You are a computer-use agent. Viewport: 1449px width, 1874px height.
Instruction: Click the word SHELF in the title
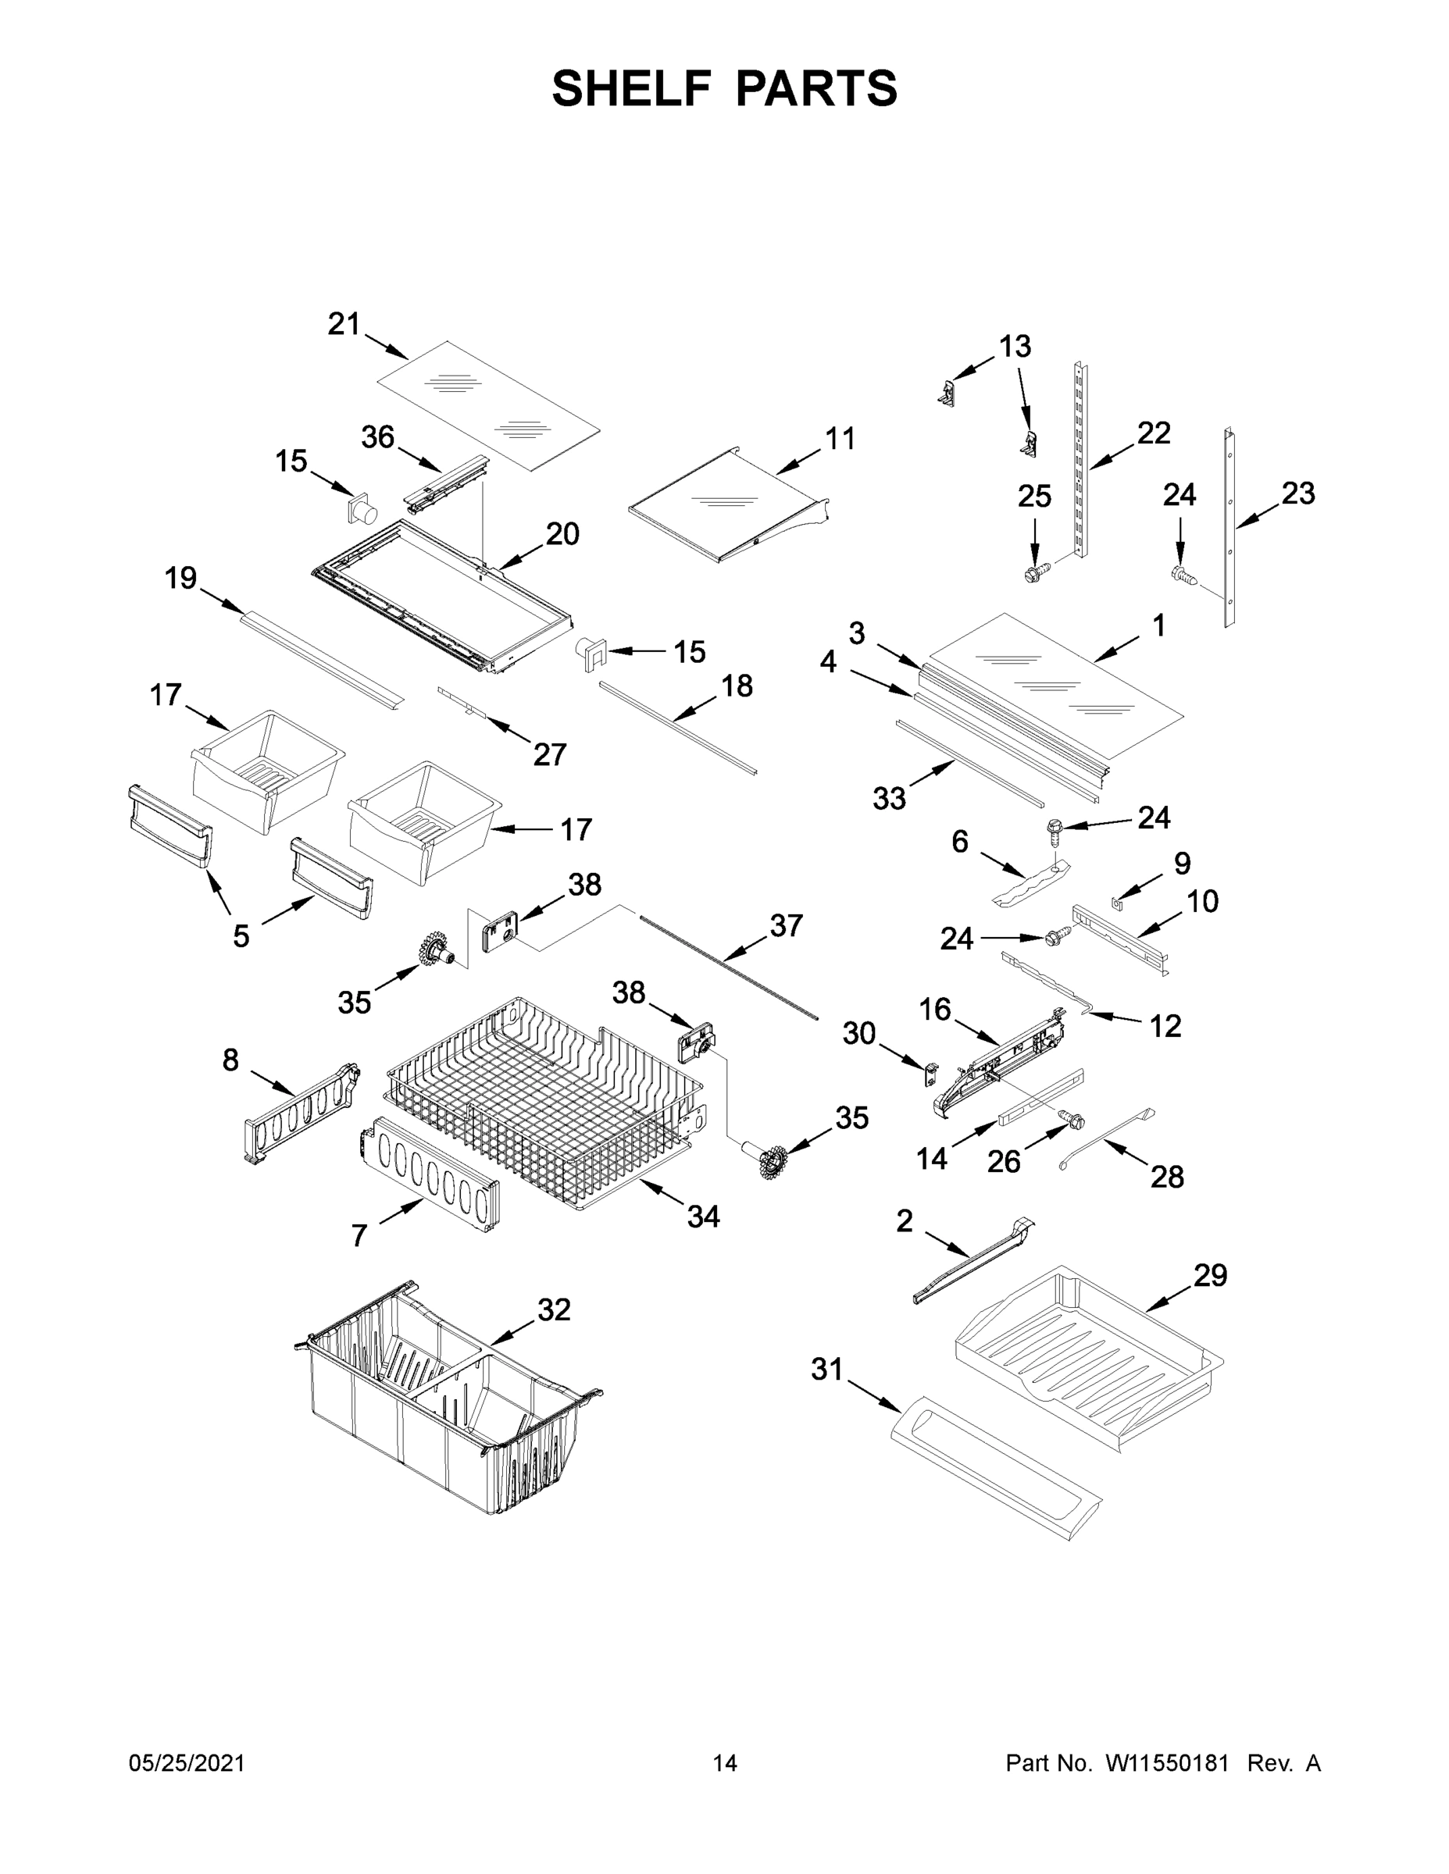633,89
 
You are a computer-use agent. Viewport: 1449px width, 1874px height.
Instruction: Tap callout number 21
344,324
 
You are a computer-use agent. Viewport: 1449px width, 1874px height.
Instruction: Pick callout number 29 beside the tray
1210,1276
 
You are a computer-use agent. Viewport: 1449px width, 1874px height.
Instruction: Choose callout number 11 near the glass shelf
840,439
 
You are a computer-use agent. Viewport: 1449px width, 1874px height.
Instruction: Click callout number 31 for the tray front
827,1370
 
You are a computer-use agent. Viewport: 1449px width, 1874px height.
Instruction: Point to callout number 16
935,1009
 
